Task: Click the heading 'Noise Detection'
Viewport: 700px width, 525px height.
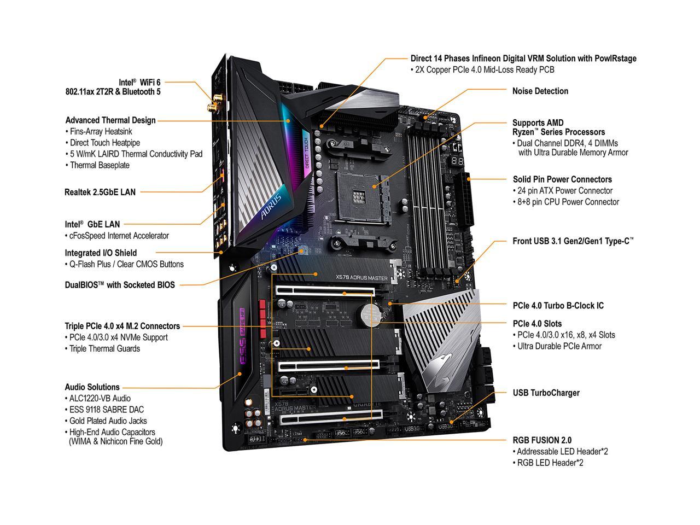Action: (540, 91)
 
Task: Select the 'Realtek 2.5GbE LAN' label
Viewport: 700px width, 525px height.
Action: (100, 192)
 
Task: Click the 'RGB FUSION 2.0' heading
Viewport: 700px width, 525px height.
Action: (542, 440)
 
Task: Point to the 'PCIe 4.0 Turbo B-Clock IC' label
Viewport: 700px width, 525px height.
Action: (558, 305)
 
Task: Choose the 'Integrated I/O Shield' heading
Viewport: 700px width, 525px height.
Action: (101, 253)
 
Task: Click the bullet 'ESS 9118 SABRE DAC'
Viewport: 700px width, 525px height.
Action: (107, 409)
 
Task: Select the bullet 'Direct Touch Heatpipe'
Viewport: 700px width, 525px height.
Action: (101, 143)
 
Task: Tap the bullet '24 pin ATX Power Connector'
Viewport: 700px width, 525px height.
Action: (563, 191)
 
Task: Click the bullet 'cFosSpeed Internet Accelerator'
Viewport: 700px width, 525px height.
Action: (116, 236)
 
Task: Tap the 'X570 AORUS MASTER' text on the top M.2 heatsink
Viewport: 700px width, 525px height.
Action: (361, 278)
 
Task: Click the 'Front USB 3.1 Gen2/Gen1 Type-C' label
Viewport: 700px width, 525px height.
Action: (573, 241)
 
